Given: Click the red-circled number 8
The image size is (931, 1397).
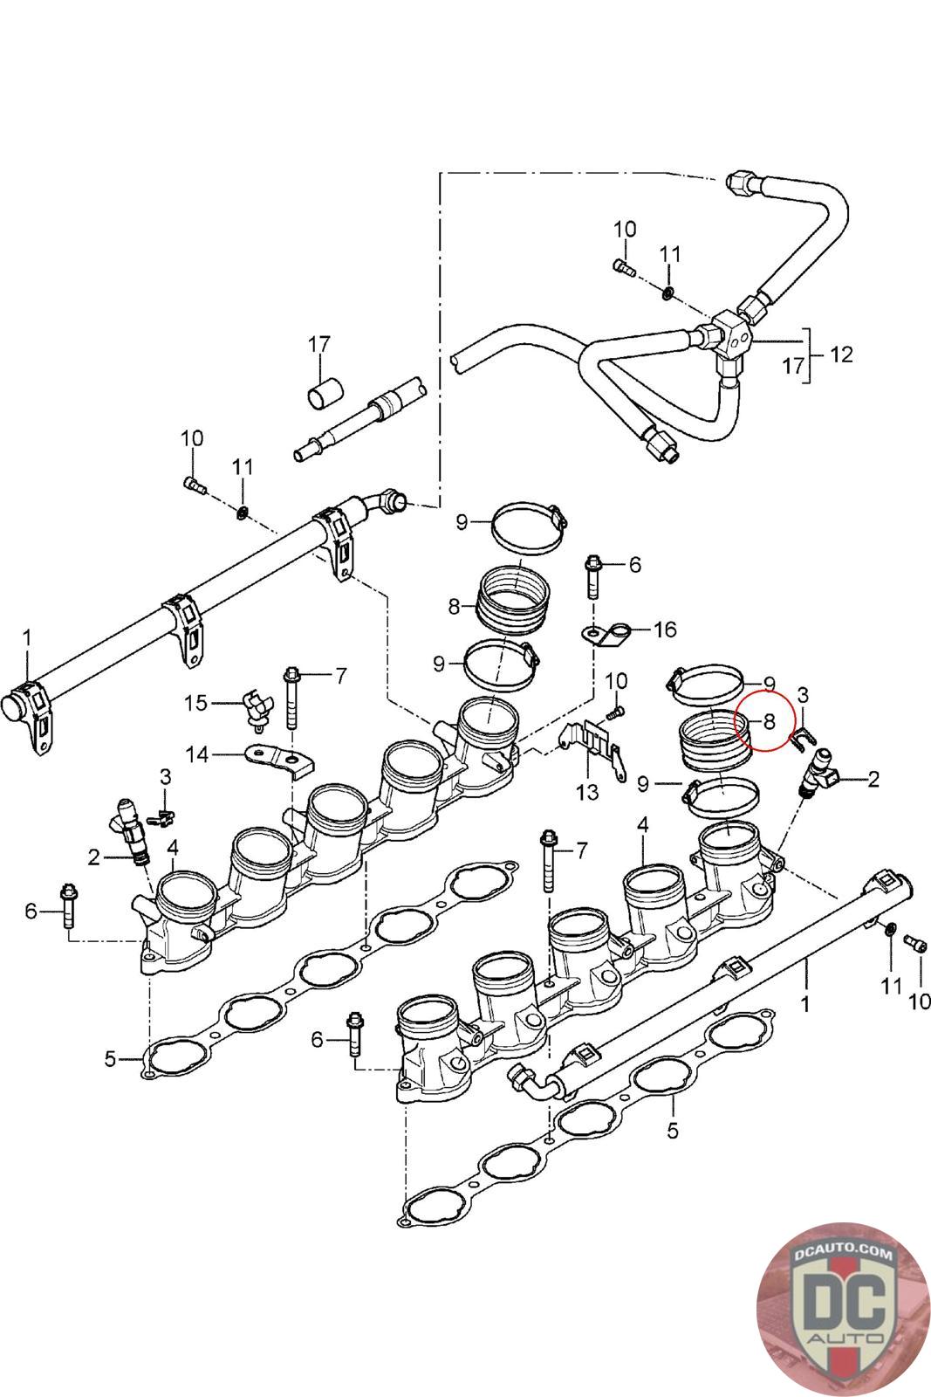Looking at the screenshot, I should tap(769, 721).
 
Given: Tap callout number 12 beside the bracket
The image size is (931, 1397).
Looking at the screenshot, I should tap(841, 354).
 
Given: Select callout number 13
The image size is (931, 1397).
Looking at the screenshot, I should tap(587, 792).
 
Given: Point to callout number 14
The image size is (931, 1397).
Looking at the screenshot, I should tap(198, 754).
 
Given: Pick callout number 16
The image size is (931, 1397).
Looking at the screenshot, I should tap(665, 630).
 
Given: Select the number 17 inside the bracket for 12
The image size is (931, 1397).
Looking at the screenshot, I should tap(792, 365).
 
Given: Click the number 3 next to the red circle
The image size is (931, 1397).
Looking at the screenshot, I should tap(804, 695).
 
